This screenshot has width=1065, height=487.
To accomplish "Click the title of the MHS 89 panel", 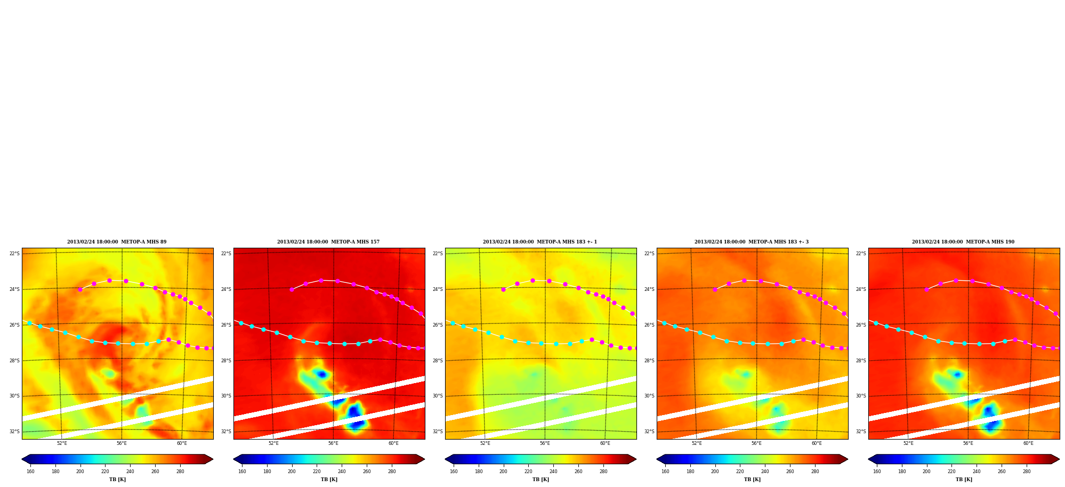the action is click(117, 242).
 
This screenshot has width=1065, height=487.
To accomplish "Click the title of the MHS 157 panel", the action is click(328, 242).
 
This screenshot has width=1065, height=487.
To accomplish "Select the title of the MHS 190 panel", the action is click(963, 242).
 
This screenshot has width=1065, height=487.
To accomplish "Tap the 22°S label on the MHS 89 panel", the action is click(14, 254).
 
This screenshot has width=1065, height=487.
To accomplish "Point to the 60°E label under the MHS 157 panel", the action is click(393, 443).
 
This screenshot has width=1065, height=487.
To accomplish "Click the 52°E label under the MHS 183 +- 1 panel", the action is click(485, 443).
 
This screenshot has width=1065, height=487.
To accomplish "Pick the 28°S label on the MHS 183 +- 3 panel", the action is click(649, 361).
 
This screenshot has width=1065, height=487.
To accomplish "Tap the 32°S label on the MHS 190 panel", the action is click(861, 432).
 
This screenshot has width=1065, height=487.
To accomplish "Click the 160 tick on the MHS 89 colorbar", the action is click(30, 472).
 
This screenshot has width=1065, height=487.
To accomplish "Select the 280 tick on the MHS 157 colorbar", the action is click(392, 472).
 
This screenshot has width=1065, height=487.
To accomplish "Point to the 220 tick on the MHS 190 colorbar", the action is click(951, 472).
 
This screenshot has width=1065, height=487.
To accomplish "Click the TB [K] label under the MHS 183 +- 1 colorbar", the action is click(540, 480).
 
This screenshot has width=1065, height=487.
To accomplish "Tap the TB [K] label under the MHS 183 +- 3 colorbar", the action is click(752, 480).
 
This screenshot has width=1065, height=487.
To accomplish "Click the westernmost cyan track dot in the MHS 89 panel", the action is click(30, 323).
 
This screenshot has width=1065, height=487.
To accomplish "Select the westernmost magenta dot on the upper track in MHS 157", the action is click(292, 289).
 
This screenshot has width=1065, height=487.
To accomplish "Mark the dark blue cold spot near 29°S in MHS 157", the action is click(321, 375).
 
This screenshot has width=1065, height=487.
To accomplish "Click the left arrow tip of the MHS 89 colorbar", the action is click(22, 459).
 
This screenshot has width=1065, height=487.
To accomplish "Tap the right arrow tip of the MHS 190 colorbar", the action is click(1059, 459).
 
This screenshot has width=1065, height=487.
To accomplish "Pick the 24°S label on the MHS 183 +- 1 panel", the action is click(438, 289).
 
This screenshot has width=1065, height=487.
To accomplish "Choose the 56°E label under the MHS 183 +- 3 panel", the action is click(756, 443).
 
